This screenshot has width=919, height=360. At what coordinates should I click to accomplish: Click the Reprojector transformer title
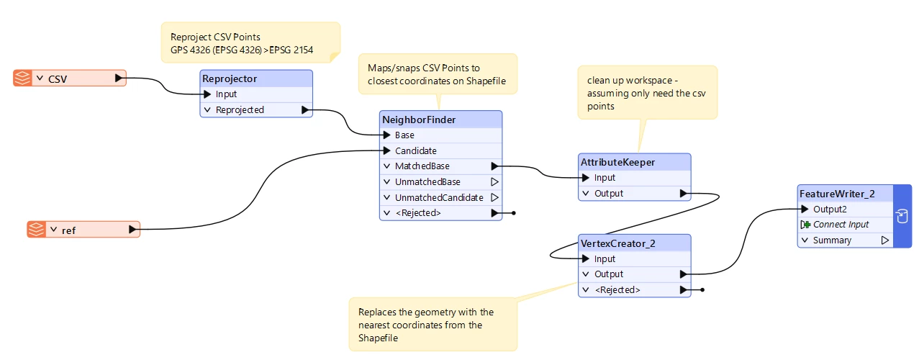(x=230, y=78)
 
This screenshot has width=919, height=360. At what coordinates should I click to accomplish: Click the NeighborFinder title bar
(x=419, y=120)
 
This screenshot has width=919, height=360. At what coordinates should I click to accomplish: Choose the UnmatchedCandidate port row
(x=440, y=197)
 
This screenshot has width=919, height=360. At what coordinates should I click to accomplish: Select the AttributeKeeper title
(x=617, y=162)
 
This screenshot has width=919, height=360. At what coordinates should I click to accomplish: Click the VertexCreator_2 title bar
(x=617, y=243)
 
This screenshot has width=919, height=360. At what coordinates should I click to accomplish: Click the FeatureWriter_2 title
(x=836, y=194)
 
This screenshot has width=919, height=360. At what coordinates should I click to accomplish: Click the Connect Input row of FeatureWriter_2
(x=841, y=225)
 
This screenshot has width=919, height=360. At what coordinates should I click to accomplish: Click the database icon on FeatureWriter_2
(x=901, y=215)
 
